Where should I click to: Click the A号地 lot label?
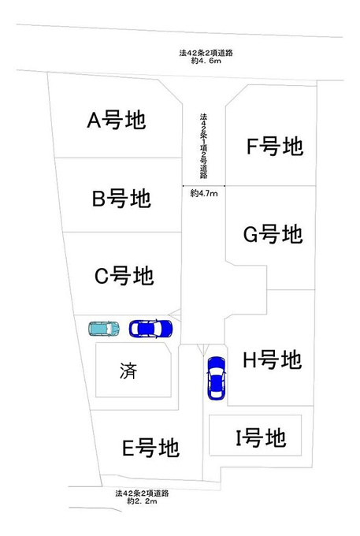point(117,120)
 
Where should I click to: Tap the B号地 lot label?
point(121,199)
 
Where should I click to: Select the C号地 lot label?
point(124,276)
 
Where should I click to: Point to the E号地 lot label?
point(150,448)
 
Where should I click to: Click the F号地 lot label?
point(275,146)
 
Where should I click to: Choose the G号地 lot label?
point(273,234)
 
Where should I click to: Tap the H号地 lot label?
point(273,359)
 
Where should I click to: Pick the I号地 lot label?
point(261,438)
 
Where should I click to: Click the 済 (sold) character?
point(128,371)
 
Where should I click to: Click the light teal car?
point(104,329)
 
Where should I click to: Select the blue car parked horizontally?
point(150,329)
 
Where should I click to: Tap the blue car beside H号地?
point(217,378)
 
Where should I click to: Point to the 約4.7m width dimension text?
point(204,193)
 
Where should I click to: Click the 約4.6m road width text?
point(206,61)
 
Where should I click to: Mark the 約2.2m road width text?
point(142,501)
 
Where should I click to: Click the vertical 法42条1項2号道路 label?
point(203,146)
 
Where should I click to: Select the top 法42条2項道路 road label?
point(206,53)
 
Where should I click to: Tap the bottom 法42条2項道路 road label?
point(142,493)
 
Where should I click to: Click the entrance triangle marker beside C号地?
point(175,315)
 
